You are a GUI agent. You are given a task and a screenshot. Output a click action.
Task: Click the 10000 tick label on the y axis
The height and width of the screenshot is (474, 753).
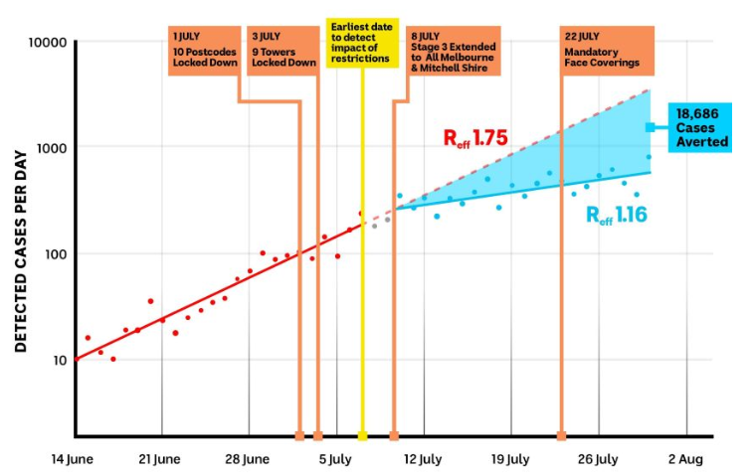tap(44, 43)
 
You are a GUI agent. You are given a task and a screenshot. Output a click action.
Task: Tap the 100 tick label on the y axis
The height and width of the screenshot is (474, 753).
tap(52, 253)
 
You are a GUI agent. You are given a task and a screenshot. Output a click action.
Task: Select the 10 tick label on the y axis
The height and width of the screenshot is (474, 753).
tap(56, 360)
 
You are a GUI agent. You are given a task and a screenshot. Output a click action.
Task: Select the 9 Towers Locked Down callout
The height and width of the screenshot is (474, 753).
tap(283, 49)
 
